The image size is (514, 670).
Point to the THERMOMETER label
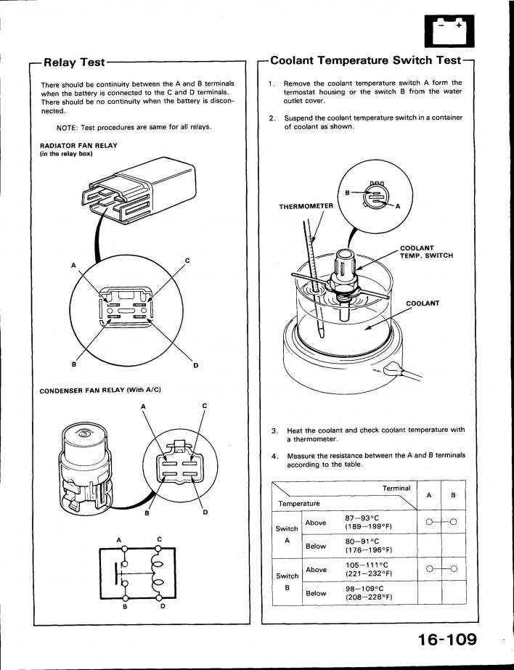(x=306, y=206)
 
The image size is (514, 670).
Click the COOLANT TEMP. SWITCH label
(x=426, y=252)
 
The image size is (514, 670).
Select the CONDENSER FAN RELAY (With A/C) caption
(x=100, y=391)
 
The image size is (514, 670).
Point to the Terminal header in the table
(x=396, y=488)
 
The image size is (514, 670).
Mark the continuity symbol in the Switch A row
(x=441, y=523)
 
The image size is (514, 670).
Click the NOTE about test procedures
(x=134, y=127)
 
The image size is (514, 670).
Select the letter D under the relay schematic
(x=161, y=606)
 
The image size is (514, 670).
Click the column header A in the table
(x=430, y=496)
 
